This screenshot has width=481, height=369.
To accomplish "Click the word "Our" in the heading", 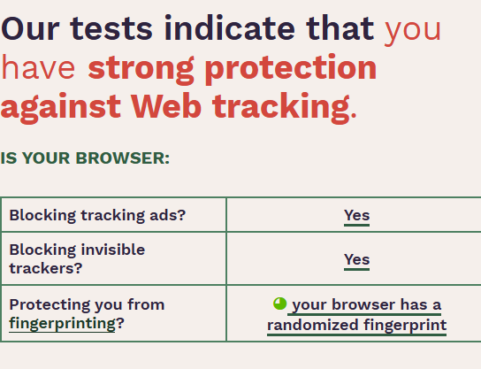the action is click(x=30, y=28).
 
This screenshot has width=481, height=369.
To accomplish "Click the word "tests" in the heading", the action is click(x=111, y=28).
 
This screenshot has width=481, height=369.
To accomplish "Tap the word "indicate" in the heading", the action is click(x=230, y=27).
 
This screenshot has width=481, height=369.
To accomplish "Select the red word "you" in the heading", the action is click(x=413, y=32).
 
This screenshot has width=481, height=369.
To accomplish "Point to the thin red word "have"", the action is click(x=38, y=67).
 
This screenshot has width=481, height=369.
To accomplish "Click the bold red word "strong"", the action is click(x=141, y=70).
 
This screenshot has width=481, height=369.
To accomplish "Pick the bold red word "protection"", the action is click(x=291, y=69).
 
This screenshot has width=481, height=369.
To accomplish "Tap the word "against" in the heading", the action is click(x=61, y=107).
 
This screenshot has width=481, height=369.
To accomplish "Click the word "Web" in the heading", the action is click(x=166, y=105).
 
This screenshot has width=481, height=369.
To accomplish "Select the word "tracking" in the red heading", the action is click(x=281, y=108).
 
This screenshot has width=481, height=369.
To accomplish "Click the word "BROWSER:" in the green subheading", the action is click(x=122, y=158).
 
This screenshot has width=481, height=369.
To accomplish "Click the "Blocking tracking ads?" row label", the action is click(x=97, y=215).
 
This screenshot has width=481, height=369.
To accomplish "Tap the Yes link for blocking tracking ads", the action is click(x=356, y=216).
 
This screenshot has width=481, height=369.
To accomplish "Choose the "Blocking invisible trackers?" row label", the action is click(x=77, y=258).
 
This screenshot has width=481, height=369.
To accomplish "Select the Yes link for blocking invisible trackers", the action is click(x=356, y=259).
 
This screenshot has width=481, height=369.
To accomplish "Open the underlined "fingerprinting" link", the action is click(x=62, y=323).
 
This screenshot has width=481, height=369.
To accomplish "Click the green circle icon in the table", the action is click(x=279, y=304).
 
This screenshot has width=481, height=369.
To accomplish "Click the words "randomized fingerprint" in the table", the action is click(x=356, y=325).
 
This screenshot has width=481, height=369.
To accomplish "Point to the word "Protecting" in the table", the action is click(x=50, y=305).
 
